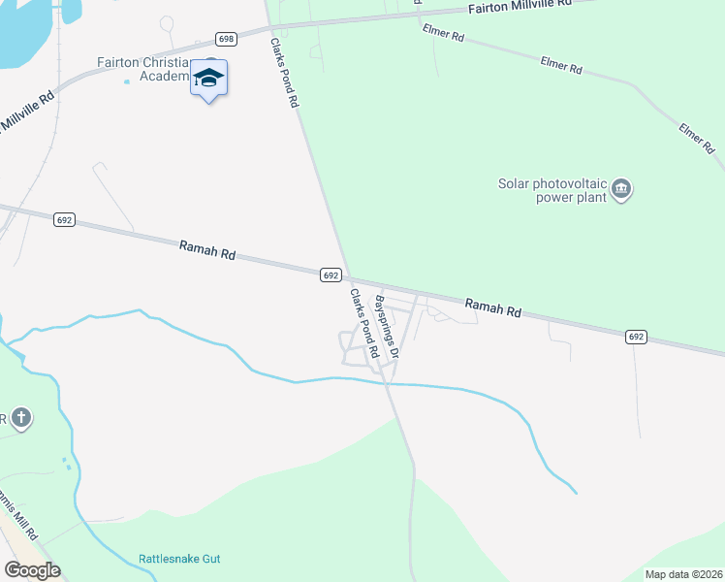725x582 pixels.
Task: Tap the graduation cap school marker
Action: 208,78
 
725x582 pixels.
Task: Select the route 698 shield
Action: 227,39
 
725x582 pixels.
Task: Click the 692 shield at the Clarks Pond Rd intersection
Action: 331,275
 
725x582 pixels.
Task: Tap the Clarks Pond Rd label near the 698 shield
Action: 284,73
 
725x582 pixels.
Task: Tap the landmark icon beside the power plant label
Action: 622,188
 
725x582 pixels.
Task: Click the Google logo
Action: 31,570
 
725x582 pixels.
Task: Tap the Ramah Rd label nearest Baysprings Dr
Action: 493,308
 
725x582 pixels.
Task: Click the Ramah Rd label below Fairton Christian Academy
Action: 207,251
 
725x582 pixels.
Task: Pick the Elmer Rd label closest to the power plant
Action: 696,138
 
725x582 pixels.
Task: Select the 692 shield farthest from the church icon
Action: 636,337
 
